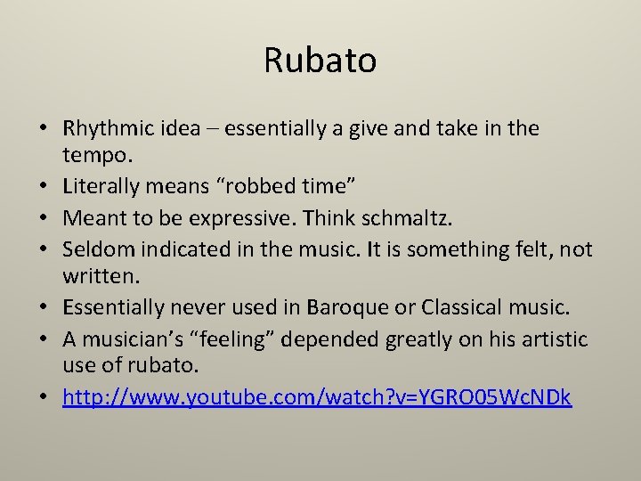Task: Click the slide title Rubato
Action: pos(320,61)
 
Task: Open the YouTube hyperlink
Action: pos(317,396)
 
